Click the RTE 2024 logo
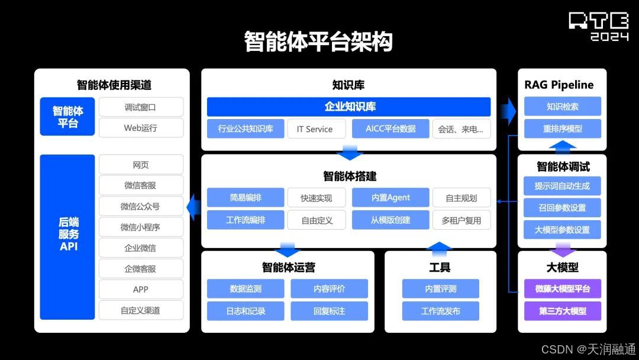point(598,26)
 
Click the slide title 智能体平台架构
point(318,41)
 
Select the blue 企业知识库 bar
point(349,107)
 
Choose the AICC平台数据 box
point(390,128)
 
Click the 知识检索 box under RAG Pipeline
point(562,107)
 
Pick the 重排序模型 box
point(562,128)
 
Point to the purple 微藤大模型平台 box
point(562,289)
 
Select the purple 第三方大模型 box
point(562,311)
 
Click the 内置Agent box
point(390,198)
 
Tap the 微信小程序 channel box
point(141,227)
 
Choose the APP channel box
point(141,290)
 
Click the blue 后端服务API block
point(67,237)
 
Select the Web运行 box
point(141,128)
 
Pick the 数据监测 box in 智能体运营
point(246,289)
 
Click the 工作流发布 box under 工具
point(440,311)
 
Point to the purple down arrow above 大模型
point(562,249)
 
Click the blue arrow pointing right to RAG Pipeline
point(508,109)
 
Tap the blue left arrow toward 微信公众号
point(193,207)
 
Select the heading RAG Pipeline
point(559,85)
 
